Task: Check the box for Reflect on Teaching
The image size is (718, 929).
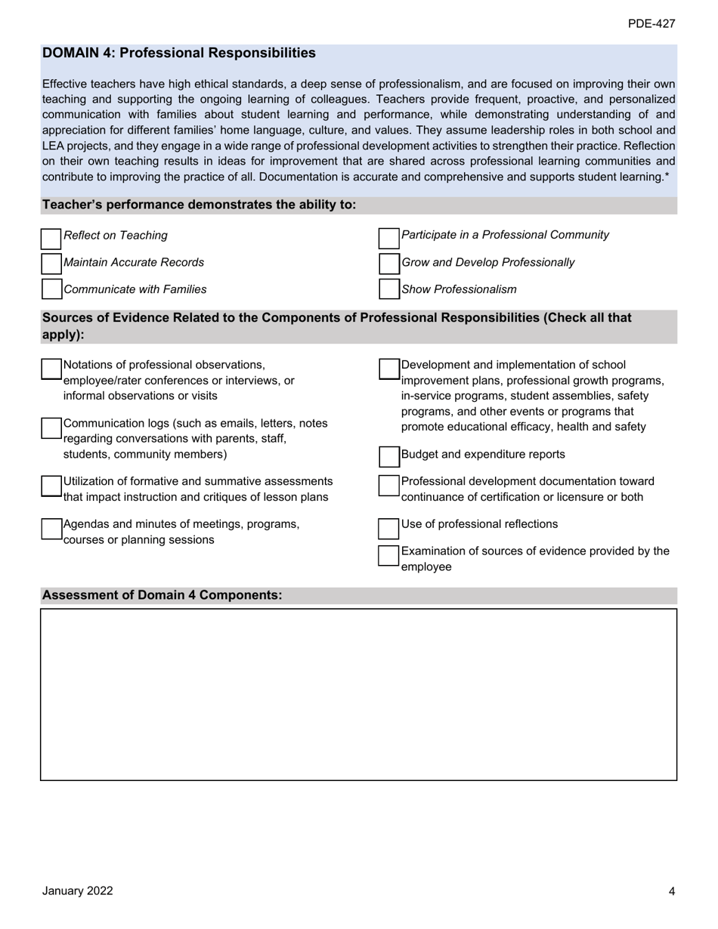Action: point(51,239)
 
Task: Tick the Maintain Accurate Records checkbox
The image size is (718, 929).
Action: point(51,264)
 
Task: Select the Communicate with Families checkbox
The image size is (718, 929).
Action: point(51,289)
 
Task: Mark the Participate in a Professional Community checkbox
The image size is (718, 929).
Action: point(388,239)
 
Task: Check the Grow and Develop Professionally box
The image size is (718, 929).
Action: point(388,264)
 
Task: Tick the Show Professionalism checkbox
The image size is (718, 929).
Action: point(388,289)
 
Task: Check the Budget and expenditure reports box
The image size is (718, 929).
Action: point(388,456)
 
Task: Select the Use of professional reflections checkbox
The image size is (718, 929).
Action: point(388,526)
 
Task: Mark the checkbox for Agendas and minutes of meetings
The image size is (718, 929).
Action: point(51,528)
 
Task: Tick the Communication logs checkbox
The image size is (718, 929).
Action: point(51,427)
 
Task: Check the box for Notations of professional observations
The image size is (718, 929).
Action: point(51,369)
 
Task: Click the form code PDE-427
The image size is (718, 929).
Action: point(651,24)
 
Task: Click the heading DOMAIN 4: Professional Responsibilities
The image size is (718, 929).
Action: point(179,53)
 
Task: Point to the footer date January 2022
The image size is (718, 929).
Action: point(77,890)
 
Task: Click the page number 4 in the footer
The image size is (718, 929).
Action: point(671,891)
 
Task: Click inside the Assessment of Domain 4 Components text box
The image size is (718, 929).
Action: point(358,693)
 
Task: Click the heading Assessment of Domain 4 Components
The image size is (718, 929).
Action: point(162,595)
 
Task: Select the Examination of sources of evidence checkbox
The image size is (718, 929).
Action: point(388,555)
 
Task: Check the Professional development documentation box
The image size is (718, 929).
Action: point(388,485)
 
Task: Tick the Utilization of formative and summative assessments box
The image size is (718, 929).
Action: point(51,486)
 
